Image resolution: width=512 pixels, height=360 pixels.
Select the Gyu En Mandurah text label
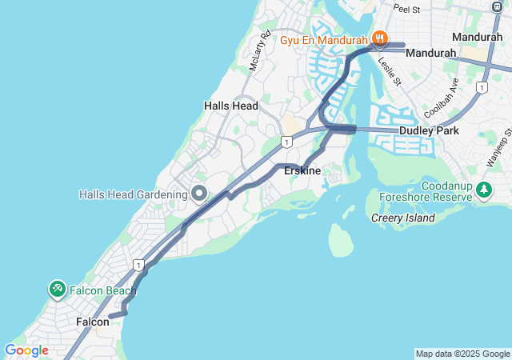(x=323, y=38)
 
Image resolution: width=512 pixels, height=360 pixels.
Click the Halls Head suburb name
(x=231, y=106)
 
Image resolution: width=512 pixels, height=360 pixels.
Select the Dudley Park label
(x=427, y=130)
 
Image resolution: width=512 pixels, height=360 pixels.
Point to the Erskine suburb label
(x=302, y=171)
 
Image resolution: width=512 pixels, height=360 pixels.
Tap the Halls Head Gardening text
(x=133, y=194)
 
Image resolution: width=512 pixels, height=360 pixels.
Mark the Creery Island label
(x=403, y=218)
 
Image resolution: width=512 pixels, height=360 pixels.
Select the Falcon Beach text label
(x=102, y=290)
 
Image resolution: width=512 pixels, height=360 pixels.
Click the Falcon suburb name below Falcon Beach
(x=92, y=322)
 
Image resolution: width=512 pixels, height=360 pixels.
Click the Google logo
(x=26, y=350)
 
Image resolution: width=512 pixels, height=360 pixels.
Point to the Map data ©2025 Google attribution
(x=462, y=354)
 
